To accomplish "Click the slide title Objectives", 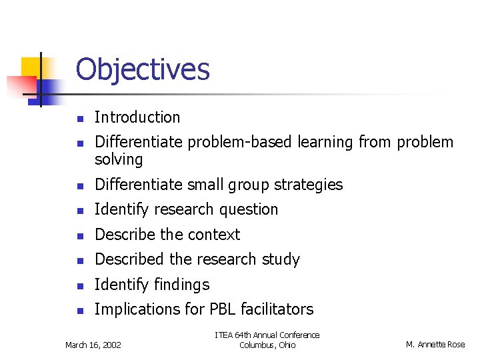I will pyautogui.click(x=143, y=69).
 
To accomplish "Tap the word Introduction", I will pyautogui.click(x=137, y=117).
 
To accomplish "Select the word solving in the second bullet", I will pyautogui.click(x=119, y=159).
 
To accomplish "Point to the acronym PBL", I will pyautogui.click(x=219, y=309).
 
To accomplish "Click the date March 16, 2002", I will pyautogui.click(x=93, y=345).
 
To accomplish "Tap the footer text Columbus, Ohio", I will pyautogui.click(x=267, y=345).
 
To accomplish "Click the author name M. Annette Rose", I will pyautogui.click(x=435, y=345).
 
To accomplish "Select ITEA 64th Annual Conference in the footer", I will pyautogui.click(x=267, y=335).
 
